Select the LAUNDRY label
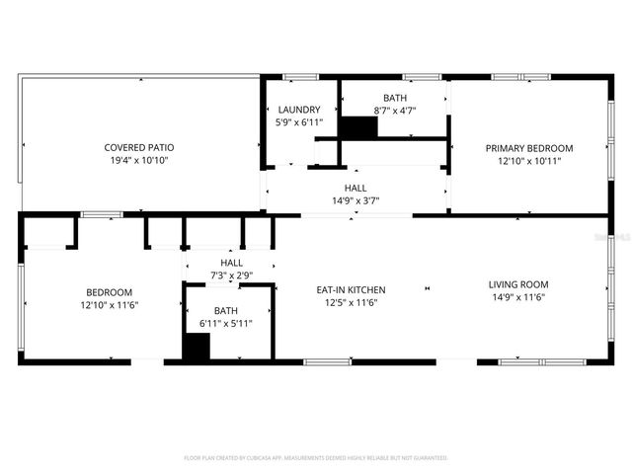298,110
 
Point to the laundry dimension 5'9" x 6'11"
298,121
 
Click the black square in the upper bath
358,128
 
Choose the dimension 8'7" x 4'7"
395,110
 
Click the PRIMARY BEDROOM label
528,148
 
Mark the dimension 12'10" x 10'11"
528,160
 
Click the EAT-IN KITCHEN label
351,289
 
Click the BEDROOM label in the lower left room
109,292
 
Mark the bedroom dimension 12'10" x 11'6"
109,304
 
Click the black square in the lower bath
197,348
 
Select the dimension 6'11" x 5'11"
226,323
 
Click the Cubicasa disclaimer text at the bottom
316,458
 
